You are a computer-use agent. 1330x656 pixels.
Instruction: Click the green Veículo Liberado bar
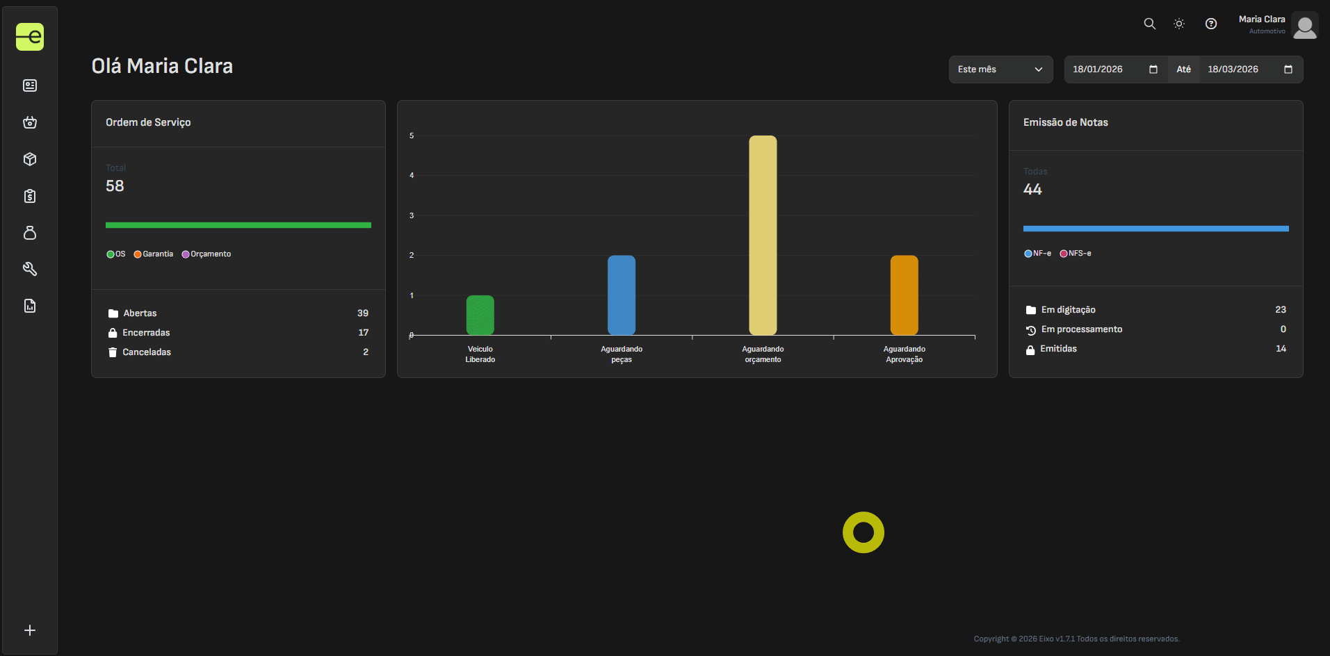pos(480,315)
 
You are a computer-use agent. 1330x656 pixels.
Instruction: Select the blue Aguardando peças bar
pos(622,295)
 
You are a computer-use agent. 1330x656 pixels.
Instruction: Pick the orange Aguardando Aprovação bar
pos(904,295)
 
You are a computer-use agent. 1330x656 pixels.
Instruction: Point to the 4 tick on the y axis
pos(412,175)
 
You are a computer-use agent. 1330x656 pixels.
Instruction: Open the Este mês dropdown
pos(1000,69)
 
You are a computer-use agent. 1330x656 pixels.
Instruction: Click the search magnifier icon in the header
pos(1150,24)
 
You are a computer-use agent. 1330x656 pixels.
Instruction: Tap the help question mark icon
pos(1211,24)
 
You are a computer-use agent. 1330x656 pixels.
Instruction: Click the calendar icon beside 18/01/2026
pos(1153,69)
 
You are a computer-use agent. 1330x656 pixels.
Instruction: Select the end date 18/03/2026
pos(1233,69)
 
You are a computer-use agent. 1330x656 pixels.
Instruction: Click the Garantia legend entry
pos(154,254)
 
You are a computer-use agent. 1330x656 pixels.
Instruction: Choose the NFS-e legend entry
pos(1076,254)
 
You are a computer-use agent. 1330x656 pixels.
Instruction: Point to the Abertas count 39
pos(363,313)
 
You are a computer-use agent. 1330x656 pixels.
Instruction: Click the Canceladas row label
pos(147,352)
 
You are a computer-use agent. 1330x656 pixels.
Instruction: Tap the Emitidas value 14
pos(1281,349)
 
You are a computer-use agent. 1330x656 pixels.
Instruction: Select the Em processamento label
pos(1081,329)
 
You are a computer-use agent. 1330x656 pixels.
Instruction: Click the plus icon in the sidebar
pos(30,630)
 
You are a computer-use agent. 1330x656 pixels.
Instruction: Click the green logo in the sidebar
pos(30,37)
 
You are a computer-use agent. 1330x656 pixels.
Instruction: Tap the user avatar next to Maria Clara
pos(1305,26)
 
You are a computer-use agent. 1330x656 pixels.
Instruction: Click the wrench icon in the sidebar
pos(30,269)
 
